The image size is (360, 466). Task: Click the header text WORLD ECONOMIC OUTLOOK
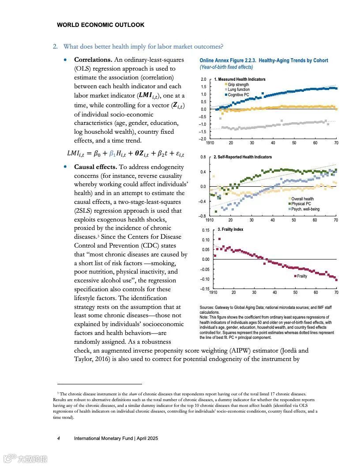pos(101,25)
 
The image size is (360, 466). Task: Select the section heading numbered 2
pos(138,46)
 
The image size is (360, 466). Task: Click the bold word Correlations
pos(93,60)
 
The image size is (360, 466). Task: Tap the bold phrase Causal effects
pos(95,167)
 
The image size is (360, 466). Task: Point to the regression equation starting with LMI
pos(125,154)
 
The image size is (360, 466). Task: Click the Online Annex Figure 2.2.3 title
pos(263,60)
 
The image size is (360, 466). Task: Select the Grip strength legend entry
pos(238,85)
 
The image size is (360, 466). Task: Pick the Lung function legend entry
pos(238,90)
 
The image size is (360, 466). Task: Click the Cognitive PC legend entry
pos(238,95)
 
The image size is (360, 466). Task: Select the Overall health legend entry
pos(302,199)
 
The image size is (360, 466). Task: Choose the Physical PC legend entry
pos(301,204)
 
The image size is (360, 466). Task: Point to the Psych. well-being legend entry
pos(305,209)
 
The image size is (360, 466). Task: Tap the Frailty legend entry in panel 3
pos(302,276)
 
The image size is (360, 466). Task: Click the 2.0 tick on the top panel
pos(203,79)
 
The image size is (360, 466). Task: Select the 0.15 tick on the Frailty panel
pos(206,230)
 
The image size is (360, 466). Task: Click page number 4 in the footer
pos(59,438)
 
